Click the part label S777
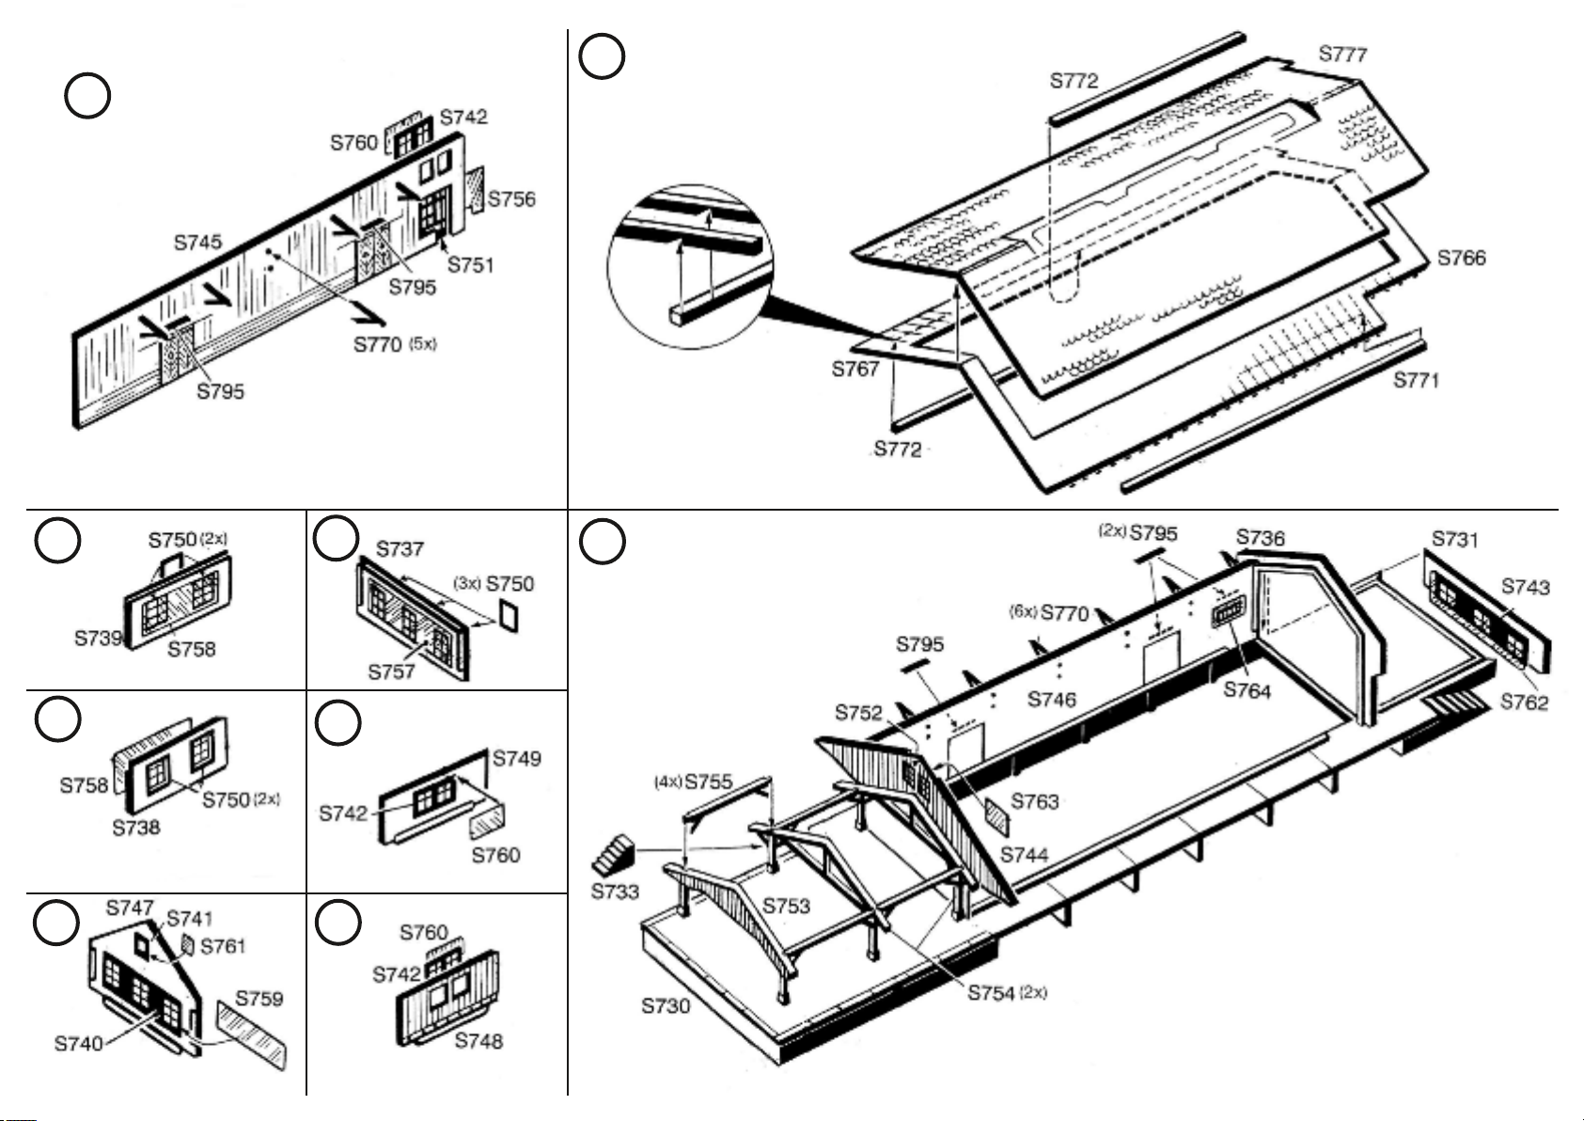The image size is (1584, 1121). tap(1342, 54)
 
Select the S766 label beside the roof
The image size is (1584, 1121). tap(1462, 258)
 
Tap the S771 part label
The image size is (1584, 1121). tap(1417, 380)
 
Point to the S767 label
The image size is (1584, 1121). tap(855, 369)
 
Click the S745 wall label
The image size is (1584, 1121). tap(198, 243)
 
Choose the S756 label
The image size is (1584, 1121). tap(512, 198)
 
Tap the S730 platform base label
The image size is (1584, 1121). tap(666, 1005)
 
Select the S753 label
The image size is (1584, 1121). tap(786, 906)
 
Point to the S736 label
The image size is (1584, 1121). tap(1260, 538)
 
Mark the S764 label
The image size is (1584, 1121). tap(1247, 690)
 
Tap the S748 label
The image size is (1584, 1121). tap(478, 1040)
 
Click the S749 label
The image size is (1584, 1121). tap(516, 758)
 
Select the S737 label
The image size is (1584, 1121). tap(400, 549)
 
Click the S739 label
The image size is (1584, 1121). tap(99, 638)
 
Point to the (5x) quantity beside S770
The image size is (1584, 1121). tap(423, 343)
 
